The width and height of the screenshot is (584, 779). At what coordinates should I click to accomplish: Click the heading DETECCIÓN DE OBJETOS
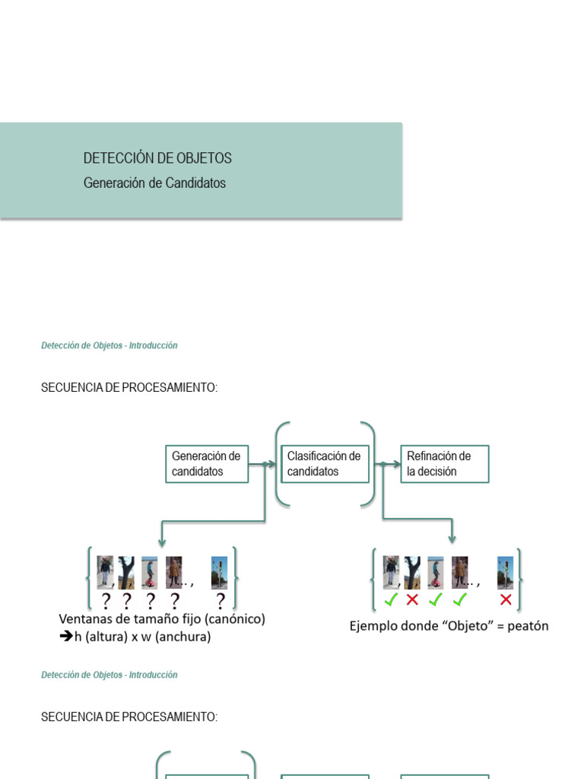pyautogui.click(x=157, y=158)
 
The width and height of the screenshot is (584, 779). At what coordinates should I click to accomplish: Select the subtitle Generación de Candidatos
pyautogui.click(x=154, y=183)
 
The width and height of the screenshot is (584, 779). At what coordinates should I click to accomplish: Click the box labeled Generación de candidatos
pyautogui.click(x=207, y=464)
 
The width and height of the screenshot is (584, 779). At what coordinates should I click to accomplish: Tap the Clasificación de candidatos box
pyautogui.click(x=325, y=464)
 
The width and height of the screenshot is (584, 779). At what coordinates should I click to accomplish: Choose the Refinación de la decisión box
pyautogui.click(x=444, y=464)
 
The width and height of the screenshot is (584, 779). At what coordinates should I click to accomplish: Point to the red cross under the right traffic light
pyautogui.click(x=506, y=599)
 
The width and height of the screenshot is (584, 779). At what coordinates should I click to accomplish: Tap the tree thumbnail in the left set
pyautogui.click(x=126, y=572)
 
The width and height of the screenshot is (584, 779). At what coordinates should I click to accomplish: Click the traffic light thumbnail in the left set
pyautogui.click(x=220, y=572)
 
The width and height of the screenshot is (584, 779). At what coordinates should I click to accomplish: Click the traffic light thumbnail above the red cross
pyautogui.click(x=506, y=572)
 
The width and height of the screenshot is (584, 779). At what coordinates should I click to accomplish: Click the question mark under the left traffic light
pyautogui.click(x=221, y=602)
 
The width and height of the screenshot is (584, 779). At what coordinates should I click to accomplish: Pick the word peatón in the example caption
pyautogui.click(x=525, y=626)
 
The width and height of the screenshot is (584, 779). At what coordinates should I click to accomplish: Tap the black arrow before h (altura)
pyautogui.click(x=66, y=637)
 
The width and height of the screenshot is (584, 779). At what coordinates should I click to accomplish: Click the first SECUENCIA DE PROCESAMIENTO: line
pyautogui.click(x=129, y=388)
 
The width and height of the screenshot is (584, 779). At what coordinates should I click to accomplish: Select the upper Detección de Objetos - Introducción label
pyautogui.click(x=109, y=345)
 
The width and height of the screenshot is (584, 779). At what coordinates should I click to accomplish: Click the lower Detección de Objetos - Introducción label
pyautogui.click(x=109, y=675)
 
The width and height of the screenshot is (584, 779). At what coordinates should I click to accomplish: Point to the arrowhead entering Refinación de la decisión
pyautogui.click(x=397, y=464)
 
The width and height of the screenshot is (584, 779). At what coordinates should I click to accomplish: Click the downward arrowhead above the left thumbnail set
pyautogui.click(x=161, y=542)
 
